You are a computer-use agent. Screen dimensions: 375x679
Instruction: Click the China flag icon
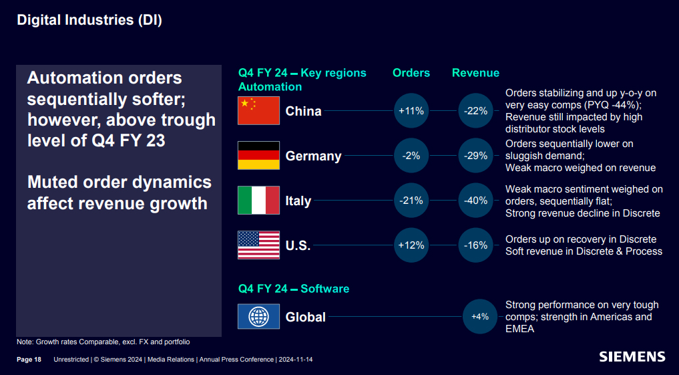pyautogui.click(x=258, y=111)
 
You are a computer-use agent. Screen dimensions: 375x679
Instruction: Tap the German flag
pyautogui.click(x=258, y=156)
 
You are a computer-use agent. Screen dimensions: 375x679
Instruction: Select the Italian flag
pyautogui.click(x=258, y=201)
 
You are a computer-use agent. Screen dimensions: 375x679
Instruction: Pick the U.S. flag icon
pyautogui.click(x=258, y=245)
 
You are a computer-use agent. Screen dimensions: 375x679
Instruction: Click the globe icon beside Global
pyautogui.click(x=258, y=316)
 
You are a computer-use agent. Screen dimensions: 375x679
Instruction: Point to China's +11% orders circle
pyautogui.click(x=411, y=111)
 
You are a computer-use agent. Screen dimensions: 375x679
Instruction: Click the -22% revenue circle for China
pyautogui.click(x=476, y=111)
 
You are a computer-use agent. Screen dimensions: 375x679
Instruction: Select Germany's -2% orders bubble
pyautogui.click(x=411, y=156)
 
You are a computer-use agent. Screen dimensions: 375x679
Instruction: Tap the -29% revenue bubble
pyautogui.click(x=476, y=156)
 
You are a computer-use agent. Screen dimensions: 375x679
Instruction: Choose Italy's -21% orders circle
pyautogui.click(x=411, y=201)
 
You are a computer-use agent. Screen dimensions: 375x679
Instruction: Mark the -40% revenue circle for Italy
pyautogui.click(x=476, y=201)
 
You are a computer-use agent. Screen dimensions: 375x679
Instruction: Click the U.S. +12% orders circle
pyautogui.click(x=411, y=245)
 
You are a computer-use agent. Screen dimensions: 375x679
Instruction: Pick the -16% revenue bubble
pyautogui.click(x=476, y=245)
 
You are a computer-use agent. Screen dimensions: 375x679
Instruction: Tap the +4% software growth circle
pyautogui.click(x=480, y=316)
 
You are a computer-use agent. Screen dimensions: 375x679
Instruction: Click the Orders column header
pyautogui.click(x=411, y=73)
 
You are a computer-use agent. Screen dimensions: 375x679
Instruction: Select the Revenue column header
pyautogui.click(x=475, y=73)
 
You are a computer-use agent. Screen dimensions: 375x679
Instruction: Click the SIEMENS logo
pyautogui.click(x=632, y=356)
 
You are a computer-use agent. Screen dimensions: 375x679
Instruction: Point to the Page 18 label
pyautogui.click(x=29, y=360)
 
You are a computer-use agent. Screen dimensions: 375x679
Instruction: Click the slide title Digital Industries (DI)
pyautogui.click(x=89, y=20)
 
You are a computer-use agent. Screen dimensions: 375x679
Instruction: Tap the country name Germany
pyautogui.click(x=313, y=156)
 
